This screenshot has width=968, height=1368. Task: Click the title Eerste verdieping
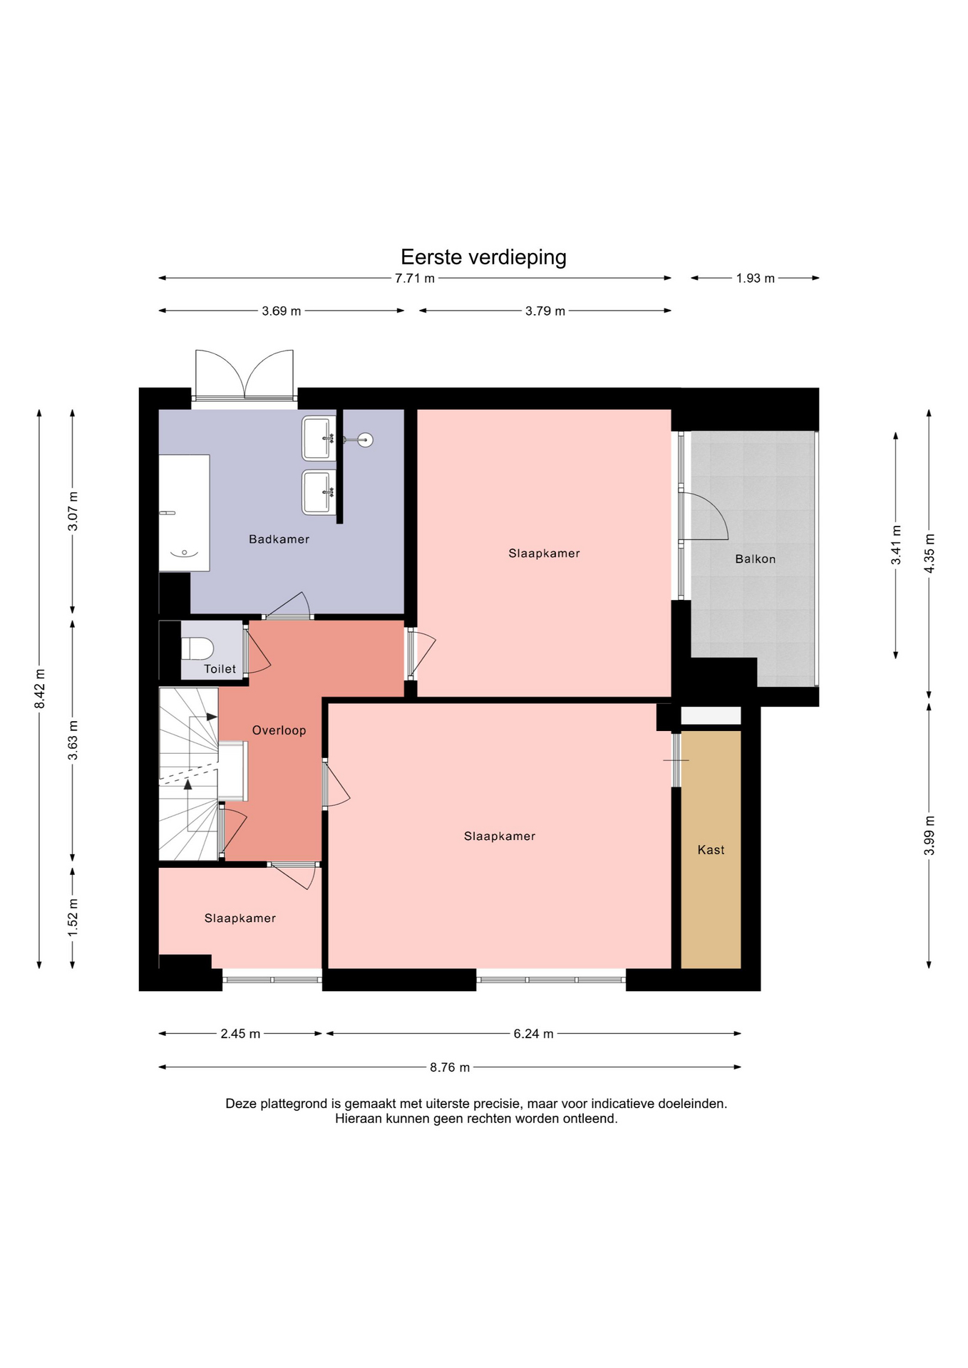(483, 257)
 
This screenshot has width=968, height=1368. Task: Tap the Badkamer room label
(279, 539)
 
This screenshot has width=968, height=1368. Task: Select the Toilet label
(220, 669)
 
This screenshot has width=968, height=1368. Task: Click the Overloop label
(279, 730)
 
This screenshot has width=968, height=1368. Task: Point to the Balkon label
(755, 559)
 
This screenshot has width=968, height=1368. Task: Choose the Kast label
(711, 850)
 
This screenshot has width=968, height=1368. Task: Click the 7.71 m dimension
(415, 279)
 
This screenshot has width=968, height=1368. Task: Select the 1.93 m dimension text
(756, 279)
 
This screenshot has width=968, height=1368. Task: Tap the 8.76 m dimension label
(450, 1067)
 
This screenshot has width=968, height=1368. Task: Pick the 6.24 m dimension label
(533, 1034)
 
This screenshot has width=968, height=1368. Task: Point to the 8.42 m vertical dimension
(40, 689)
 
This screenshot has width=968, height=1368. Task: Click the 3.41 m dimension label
(896, 545)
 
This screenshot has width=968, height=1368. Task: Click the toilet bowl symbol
(197, 649)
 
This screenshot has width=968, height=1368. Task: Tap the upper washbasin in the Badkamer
(319, 439)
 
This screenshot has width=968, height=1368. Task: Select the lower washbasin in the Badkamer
(319, 492)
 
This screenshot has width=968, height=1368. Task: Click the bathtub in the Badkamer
(184, 513)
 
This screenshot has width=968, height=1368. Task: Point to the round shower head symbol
(365, 440)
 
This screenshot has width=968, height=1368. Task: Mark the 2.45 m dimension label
(240, 1034)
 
